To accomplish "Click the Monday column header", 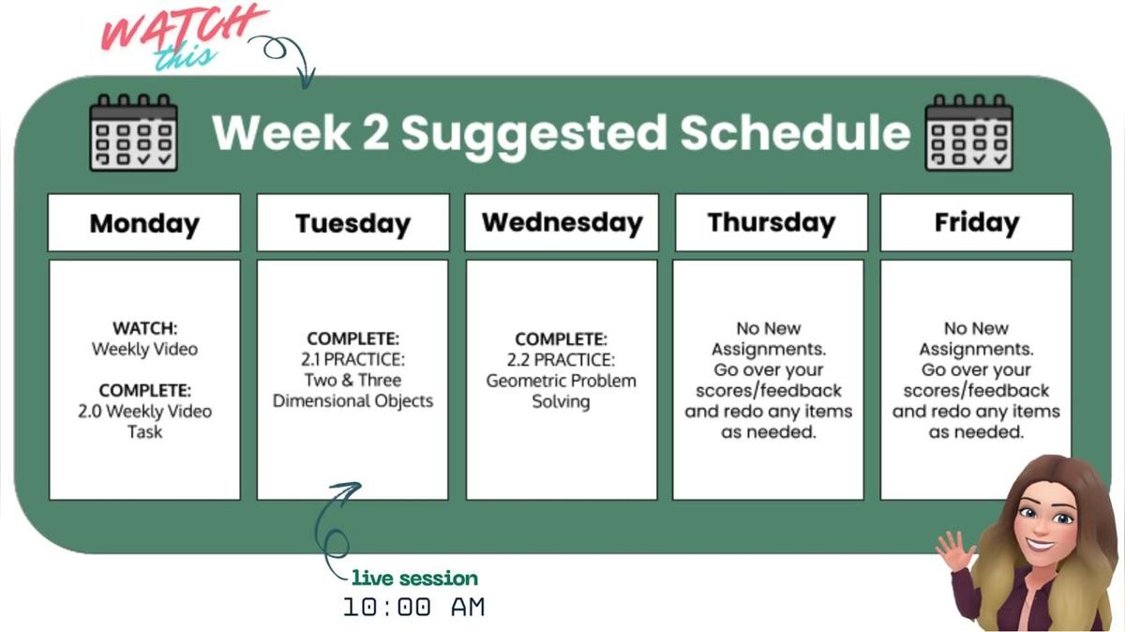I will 144,223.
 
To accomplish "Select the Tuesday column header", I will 352,223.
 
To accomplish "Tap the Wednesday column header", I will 562,223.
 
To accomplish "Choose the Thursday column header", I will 771,223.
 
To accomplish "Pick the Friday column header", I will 976,223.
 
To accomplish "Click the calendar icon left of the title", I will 132,132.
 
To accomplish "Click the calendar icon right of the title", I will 968,132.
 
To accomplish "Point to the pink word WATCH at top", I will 184,28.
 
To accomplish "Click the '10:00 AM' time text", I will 413,607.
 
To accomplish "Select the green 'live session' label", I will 414,578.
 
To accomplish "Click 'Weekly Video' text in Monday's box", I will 144,349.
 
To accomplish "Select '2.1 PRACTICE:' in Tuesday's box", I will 352,359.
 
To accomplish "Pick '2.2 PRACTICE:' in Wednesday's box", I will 561,360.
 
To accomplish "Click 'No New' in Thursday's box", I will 768,328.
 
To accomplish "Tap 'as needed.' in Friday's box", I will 976,432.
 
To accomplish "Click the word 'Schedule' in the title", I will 795,132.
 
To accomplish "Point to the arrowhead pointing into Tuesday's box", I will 353,488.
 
